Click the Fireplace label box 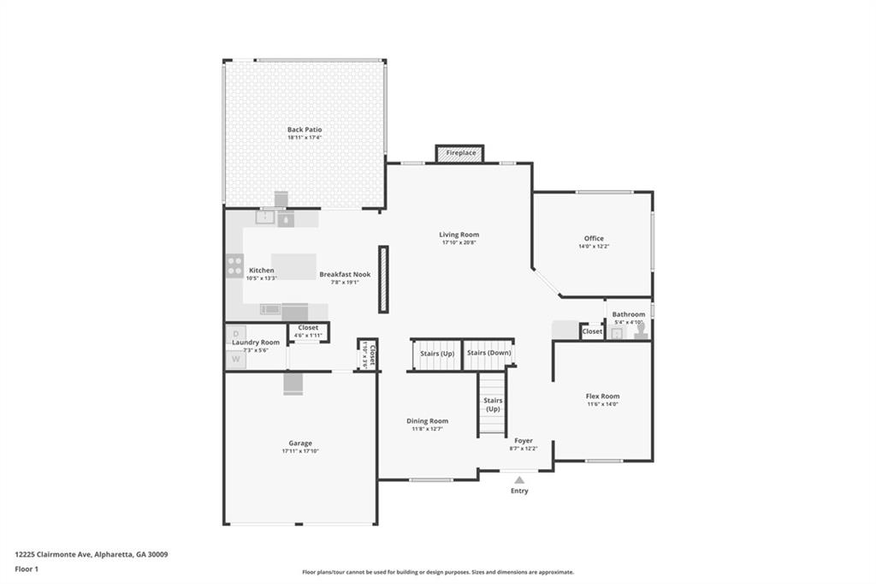(460, 153)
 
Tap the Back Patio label (305, 129)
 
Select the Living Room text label (459, 235)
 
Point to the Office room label (594, 239)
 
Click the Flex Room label (602, 396)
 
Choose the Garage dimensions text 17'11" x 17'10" (299, 451)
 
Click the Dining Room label (427, 421)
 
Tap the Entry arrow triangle (519, 480)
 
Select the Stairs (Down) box (488, 354)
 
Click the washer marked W (235, 361)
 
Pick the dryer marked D (235, 333)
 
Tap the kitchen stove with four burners (234, 266)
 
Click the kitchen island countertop (293, 266)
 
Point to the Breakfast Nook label (345, 275)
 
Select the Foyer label (524, 441)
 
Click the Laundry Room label (256, 343)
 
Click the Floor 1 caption (27, 569)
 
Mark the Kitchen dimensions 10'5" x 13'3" (262, 278)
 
